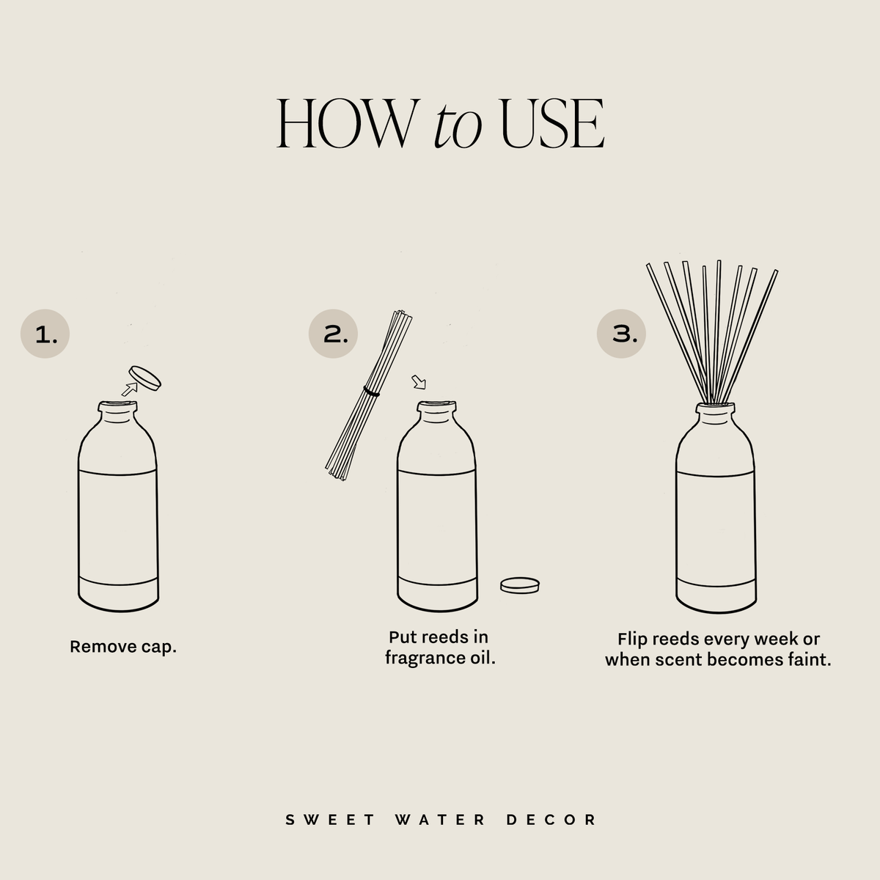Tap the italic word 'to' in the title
(457, 126)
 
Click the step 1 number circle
(45, 334)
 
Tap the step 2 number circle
(333, 334)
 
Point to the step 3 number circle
(620, 334)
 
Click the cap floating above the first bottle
(144, 378)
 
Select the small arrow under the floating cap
(130, 389)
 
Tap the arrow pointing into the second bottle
(419, 382)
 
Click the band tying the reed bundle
(372, 393)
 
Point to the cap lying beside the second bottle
(520, 585)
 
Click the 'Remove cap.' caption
(123, 647)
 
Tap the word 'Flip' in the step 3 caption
(632, 639)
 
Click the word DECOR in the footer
(551, 819)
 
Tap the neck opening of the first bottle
(117, 405)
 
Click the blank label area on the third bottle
(715, 524)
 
